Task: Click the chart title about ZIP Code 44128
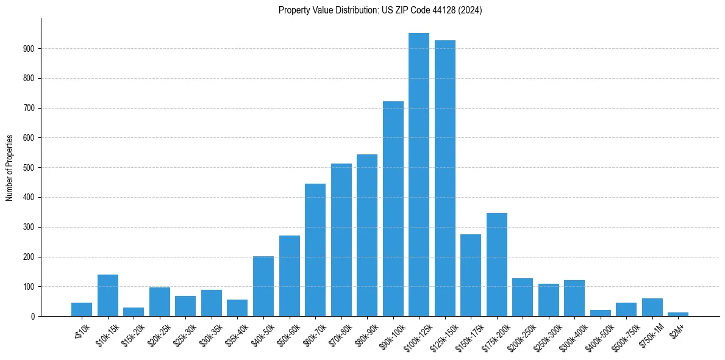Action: click(x=380, y=10)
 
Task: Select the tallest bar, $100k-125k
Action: click(x=419, y=175)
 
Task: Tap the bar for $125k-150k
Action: click(x=445, y=178)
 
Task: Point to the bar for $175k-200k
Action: click(x=497, y=264)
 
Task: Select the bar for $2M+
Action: click(x=678, y=314)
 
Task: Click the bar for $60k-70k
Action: click(x=315, y=250)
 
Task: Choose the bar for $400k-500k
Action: click(x=601, y=313)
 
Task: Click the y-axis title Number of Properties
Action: click(x=10, y=168)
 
